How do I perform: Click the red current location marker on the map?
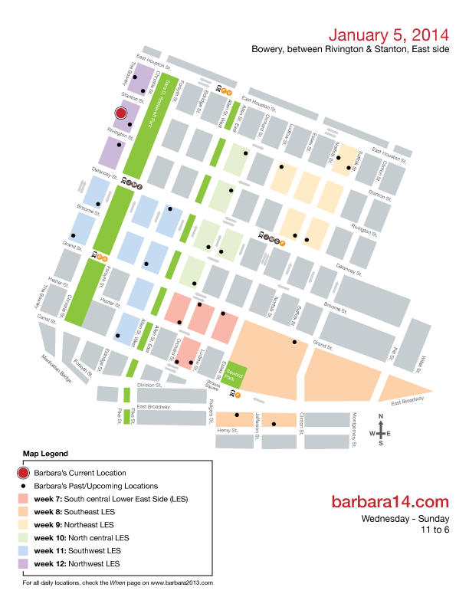coord(120,113)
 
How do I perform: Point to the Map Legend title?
coord(45,454)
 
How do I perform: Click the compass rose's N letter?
coord(381,418)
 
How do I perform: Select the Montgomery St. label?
coord(354,426)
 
